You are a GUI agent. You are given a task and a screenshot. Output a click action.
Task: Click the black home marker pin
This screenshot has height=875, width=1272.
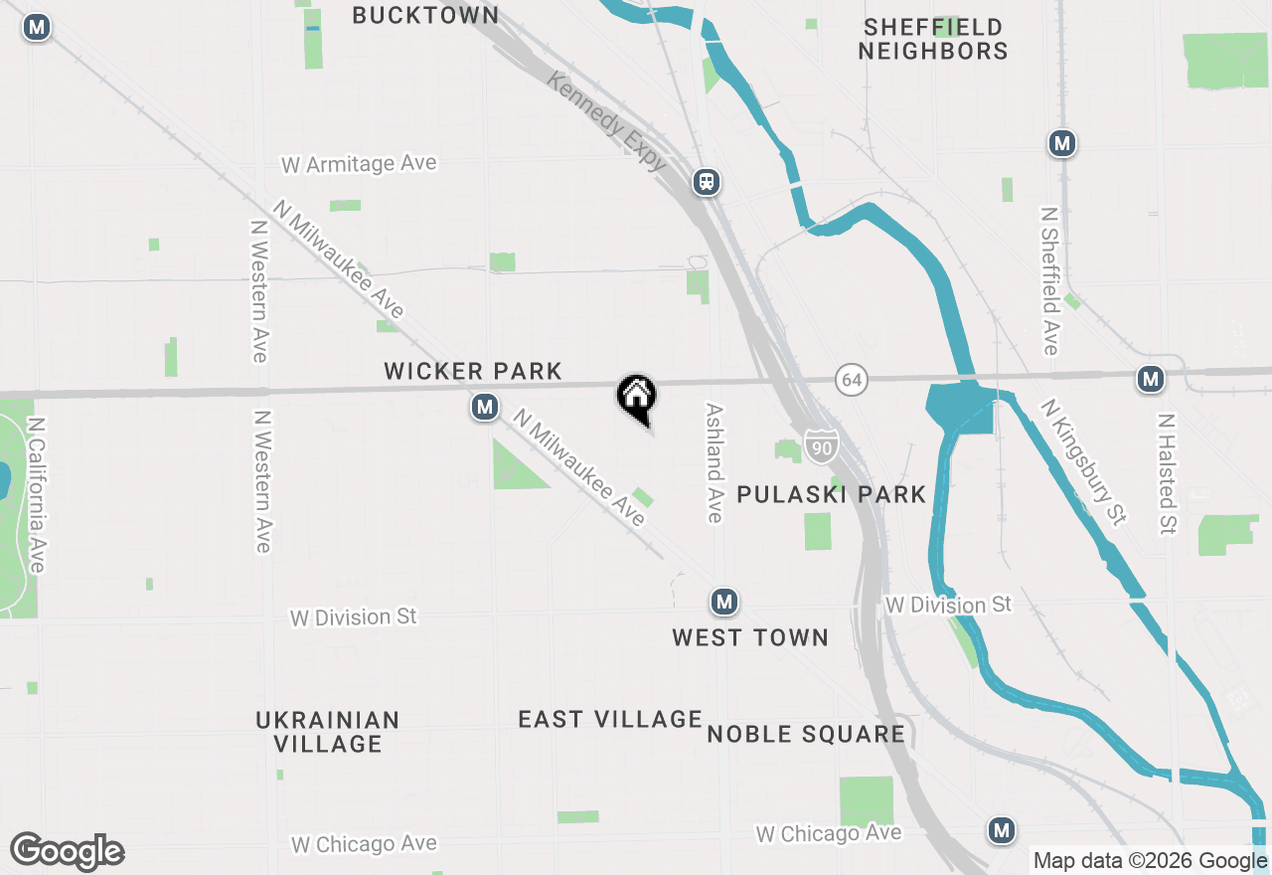coord(637,397)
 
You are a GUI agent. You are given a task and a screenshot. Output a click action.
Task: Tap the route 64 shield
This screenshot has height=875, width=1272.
coord(850,380)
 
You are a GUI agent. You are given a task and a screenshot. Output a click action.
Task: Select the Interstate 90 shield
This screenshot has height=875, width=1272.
coord(821,447)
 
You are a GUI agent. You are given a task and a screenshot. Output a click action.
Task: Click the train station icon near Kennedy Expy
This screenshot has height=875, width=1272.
coord(707,182)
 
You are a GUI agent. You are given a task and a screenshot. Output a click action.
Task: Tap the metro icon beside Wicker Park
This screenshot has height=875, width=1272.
coord(485,407)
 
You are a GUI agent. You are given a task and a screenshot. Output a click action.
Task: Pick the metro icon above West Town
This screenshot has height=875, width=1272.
coord(724,602)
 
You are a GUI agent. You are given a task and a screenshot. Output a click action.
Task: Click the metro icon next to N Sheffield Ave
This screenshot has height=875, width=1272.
coord(1062,143)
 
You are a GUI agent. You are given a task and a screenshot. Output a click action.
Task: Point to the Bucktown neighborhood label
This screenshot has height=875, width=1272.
coord(425,15)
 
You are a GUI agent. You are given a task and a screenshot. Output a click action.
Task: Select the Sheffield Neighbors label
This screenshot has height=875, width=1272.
coord(933,39)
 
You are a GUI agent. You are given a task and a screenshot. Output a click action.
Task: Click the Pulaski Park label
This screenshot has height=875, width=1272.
coord(832,494)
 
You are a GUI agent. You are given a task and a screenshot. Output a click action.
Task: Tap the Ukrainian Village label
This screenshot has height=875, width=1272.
coord(328,732)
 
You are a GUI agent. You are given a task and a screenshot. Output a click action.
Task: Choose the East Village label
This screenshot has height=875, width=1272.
coord(610,719)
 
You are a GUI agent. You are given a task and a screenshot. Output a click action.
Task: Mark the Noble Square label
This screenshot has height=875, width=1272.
coord(806,735)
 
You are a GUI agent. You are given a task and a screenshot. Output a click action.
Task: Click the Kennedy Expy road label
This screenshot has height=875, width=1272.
coord(606,121)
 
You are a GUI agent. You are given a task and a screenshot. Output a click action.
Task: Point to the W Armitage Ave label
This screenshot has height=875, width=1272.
coord(359,164)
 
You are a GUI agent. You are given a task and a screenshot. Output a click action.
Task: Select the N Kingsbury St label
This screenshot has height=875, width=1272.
coord(1084,461)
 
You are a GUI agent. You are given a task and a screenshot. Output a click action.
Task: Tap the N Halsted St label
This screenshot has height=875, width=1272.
coord(1167,473)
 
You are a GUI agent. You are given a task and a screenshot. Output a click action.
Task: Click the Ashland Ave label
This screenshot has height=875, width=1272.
coord(714,462)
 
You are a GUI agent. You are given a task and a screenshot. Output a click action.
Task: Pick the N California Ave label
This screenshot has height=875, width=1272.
coord(37,494)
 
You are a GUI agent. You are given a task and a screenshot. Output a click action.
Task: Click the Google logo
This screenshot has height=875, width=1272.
coord(67,851)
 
